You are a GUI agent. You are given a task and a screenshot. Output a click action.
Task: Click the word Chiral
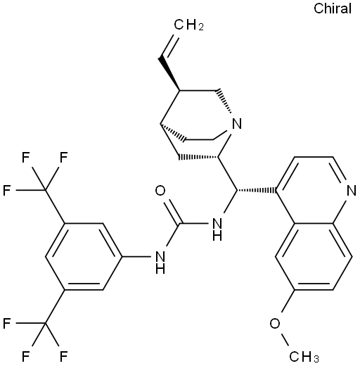tap(333, 8)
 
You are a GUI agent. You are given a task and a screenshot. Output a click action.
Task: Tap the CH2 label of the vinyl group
tap(188, 25)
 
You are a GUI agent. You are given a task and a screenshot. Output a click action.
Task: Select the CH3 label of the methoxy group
tap(304, 356)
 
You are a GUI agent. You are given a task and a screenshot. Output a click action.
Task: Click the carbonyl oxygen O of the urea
tap(160, 191)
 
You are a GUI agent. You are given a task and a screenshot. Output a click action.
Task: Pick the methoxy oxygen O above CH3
tap(275, 324)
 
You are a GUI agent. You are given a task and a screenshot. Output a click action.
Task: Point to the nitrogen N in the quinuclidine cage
tap(237, 124)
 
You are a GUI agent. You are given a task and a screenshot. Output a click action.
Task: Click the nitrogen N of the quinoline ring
tap(352, 191)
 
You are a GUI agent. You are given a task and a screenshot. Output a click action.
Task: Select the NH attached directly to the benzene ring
tap(160, 263)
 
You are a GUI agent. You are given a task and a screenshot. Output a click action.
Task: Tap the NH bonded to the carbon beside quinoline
tap(217, 229)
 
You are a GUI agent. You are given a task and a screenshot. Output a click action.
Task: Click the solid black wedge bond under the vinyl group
tap(169, 73)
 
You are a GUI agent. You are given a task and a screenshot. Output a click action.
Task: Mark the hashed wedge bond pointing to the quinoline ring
tap(257, 190)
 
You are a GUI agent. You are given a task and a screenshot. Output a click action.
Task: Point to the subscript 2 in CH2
tap(200, 27)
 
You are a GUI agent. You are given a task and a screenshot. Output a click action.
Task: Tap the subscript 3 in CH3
tap(316, 359)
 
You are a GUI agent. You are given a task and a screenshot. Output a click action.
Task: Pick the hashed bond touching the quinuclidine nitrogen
tap(224, 101)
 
